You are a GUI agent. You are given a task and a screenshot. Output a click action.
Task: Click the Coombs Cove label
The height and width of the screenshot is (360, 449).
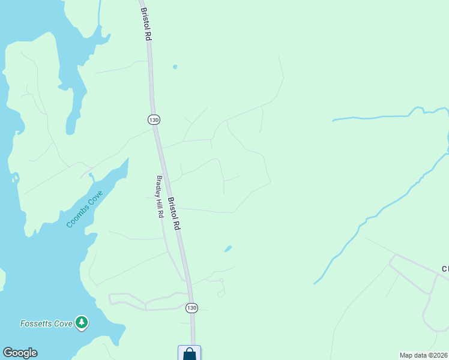click(85, 209)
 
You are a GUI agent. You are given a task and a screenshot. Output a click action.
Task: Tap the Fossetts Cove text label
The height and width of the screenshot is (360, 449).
click(47, 323)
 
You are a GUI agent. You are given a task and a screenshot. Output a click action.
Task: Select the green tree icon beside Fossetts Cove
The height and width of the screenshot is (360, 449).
click(82, 323)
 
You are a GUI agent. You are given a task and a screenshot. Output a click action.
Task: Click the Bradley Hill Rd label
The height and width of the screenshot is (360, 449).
click(160, 196)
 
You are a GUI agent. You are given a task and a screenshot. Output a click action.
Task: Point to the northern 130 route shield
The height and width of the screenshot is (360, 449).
click(154, 119)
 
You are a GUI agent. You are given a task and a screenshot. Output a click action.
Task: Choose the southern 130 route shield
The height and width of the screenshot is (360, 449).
click(191, 308)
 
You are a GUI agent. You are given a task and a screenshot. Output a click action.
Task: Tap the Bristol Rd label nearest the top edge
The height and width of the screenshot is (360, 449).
click(145, 24)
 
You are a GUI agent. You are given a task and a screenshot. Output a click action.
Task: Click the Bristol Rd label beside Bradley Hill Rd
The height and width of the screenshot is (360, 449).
click(174, 214)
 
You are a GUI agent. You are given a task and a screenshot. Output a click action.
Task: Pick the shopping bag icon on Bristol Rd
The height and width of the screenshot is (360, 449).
click(190, 354)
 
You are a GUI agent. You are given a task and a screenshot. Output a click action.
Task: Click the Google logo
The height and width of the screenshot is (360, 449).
click(20, 353)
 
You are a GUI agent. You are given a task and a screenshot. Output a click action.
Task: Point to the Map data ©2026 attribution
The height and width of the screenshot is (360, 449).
click(423, 355)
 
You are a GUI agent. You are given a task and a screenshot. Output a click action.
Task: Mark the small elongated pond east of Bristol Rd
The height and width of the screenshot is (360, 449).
click(228, 248)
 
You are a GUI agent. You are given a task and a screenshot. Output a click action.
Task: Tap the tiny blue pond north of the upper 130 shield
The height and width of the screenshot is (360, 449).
click(175, 66)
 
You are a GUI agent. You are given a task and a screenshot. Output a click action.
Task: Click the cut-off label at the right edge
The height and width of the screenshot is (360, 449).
click(445, 269)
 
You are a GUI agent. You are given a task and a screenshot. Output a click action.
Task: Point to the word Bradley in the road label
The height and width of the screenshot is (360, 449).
click(158, 185)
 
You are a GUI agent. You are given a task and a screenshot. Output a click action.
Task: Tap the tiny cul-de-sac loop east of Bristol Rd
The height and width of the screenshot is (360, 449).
click(221, 293)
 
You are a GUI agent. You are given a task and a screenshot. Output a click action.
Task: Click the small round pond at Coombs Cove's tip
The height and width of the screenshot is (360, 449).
click(90, 176)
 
